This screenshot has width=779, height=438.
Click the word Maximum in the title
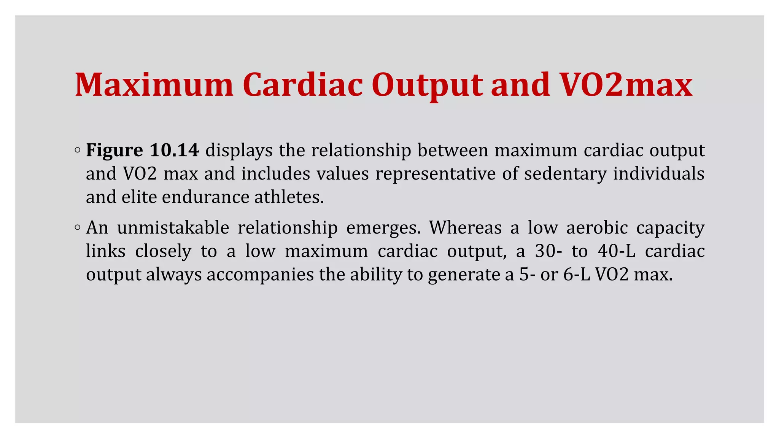click(154, 85)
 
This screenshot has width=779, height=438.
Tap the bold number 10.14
click(174, 150)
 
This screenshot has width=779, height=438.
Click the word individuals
click(659, 173)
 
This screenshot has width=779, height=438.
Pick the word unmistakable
click(173, 228)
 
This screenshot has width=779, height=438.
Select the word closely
click(163, 251)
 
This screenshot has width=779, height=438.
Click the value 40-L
click(617, 251)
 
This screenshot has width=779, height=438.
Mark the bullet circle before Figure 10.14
click(78, 151)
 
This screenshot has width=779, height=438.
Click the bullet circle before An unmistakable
click(78, 228)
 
